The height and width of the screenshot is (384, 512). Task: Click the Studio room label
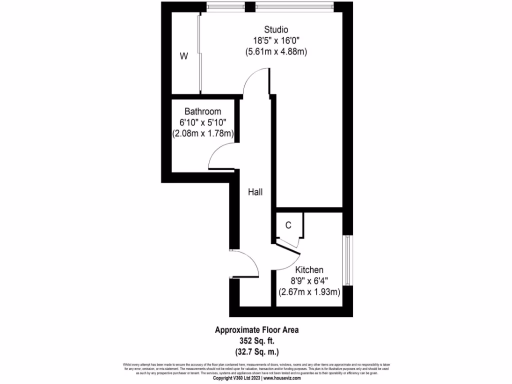[x=276, y=29]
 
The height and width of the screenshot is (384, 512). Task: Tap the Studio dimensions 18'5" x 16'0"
[x=276, y=40]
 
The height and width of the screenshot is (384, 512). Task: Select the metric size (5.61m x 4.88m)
[x=276, y=51]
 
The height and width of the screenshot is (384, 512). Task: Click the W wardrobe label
[x=184, y=56]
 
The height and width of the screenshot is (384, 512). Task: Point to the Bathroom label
[x=202, y=111]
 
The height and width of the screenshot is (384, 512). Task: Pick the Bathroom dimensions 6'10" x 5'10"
[x=202, y=122]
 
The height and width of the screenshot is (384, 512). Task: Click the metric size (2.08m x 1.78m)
[x=202, y=133]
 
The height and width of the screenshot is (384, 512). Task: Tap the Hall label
[x=255, y=191]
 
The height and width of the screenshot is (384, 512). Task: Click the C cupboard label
[x=288, y=225]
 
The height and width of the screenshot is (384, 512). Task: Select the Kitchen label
[x=308, y=270]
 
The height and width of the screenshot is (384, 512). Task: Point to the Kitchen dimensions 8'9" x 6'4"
[x=308, y=281]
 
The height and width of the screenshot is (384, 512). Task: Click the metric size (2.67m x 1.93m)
[x=308, y=292]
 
